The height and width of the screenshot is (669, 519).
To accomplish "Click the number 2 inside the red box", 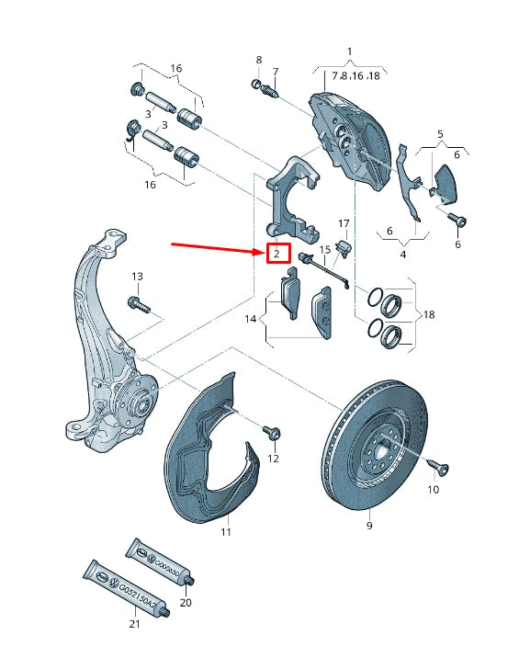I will click(x=276, y=253).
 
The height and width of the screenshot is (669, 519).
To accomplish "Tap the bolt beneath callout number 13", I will click(x=139, y=302).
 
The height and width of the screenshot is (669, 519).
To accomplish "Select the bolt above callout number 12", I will click(x=272, y=431).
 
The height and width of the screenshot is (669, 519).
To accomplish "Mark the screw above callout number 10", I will click(x=439, y=470).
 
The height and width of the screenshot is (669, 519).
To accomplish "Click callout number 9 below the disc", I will click(x=369, y=526).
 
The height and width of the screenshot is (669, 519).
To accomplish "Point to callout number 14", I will click(x=249, y=319).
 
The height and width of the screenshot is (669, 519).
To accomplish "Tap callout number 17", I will click(x=344, y=223).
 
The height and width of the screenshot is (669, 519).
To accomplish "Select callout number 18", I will click(x=428, y=314).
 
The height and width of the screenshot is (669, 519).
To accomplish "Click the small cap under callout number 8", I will click(x=257, y=85).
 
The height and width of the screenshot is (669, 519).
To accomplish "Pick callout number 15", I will click(x=323, y=250).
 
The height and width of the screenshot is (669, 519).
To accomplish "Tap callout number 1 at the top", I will click(x=349, y=51).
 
